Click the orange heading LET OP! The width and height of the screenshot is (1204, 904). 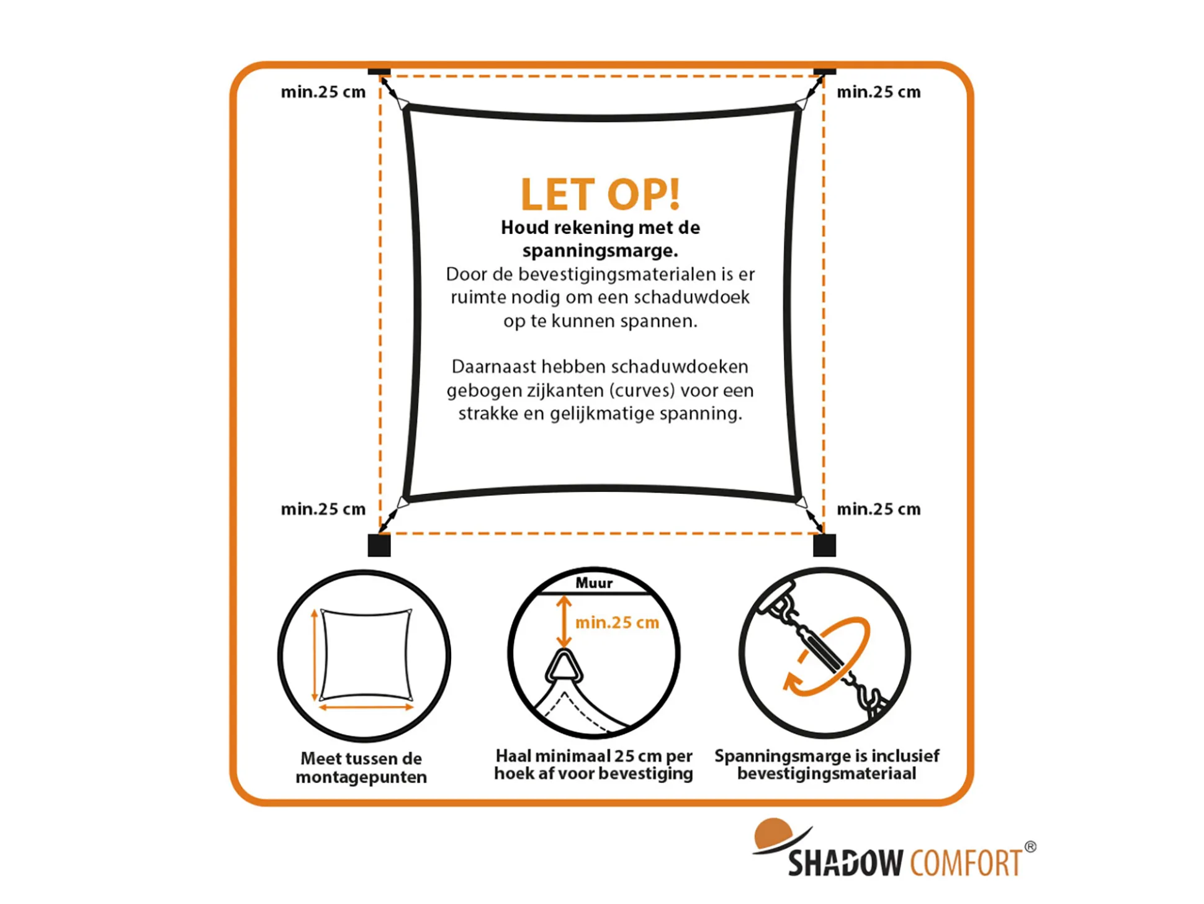(600, 194)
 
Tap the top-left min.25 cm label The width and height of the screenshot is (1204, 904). (323, 92)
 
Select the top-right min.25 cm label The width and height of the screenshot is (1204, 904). (878, 92)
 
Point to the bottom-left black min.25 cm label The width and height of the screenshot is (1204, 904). (323, 509)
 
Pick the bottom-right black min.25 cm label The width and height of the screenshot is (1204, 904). (878, 509)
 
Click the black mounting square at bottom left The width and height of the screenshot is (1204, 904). (379, 545)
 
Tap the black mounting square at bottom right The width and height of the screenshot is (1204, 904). (824, 545)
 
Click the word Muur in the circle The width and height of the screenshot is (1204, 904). (594, 583)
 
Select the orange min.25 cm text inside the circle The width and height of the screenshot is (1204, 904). (617, 622)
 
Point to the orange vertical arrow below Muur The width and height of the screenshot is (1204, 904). (564, 621)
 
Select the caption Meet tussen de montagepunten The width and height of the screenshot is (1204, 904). (361, 768)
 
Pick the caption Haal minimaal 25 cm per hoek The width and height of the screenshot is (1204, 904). (593, 764)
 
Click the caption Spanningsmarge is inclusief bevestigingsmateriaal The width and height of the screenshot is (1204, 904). (827, 764)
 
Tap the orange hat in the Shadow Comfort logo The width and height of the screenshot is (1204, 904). (773, 834)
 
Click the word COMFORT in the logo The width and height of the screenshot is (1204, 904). (966, 862)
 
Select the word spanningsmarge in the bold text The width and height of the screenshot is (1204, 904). (600, 251)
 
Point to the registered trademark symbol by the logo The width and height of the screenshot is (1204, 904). (1030, 846)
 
